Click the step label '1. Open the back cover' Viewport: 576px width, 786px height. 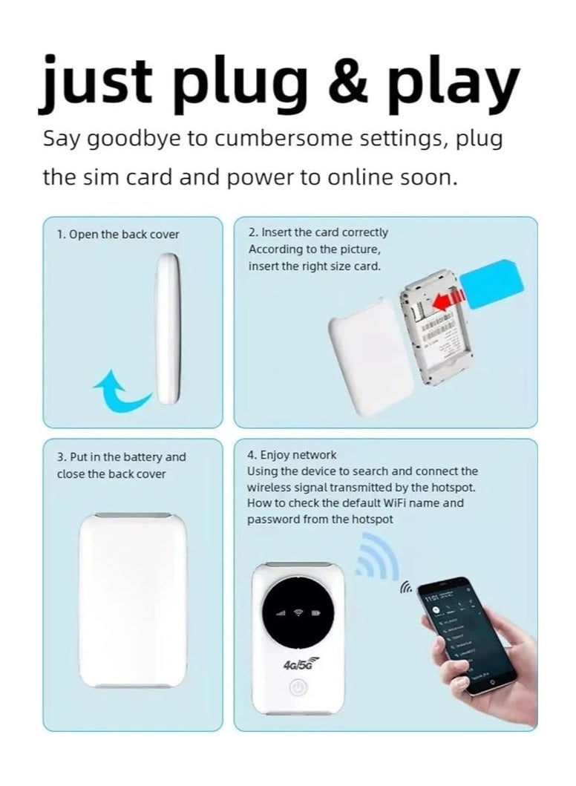118,235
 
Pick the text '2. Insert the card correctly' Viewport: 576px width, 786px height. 318,232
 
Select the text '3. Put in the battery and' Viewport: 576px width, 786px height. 122,457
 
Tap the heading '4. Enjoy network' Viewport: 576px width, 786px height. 291,455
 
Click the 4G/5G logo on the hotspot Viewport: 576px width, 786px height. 297,665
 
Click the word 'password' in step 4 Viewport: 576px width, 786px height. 269,520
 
